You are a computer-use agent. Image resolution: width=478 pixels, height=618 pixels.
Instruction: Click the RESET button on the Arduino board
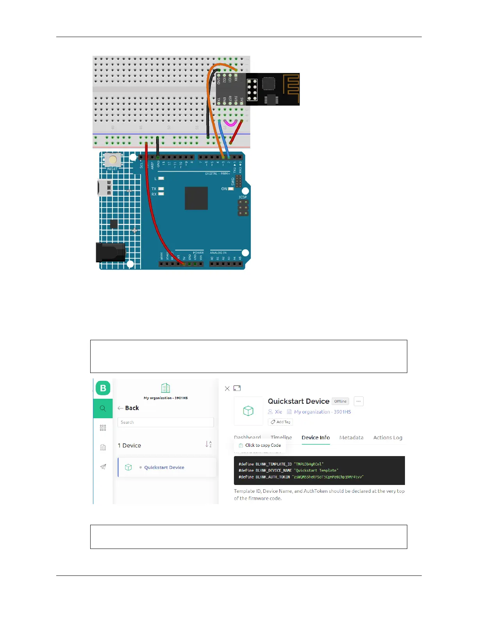(x=113, y=160)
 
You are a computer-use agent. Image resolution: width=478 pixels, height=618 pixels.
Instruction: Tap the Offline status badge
(x=340, y=401)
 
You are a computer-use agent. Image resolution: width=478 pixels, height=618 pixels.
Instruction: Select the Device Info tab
(x=316, y=438)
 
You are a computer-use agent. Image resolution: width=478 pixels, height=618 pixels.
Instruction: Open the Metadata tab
(x=351, y=438)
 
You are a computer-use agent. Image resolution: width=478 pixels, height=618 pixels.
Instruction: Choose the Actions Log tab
(x=387, y=438)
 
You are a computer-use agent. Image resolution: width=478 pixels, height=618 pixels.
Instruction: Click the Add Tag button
(x=280, y=422)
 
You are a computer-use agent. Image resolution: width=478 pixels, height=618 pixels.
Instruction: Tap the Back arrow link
(x=128, y=408)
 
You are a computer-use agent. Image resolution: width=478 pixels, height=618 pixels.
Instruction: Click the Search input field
(x=166, y=423)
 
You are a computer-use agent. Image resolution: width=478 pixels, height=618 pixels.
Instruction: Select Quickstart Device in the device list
(x=164, y=467)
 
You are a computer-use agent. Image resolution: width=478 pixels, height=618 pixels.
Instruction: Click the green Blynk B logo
(x=103, y=388)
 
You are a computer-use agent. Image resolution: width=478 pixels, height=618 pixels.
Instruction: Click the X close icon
(x=227, y=389)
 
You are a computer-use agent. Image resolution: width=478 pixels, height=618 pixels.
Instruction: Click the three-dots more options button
(x=358, y=401)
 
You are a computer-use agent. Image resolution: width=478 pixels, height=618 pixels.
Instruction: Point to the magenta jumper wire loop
(x=230, y=124)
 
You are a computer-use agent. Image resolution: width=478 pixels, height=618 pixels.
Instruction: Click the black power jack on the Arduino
(x=111, y=252)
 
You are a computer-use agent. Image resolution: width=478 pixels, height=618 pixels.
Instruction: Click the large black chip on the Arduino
(x=196, y=198)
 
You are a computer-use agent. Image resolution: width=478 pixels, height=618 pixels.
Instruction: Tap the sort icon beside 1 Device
(x=209, y=444)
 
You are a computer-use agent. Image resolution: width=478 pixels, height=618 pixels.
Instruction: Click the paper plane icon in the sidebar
(x=103, y=467)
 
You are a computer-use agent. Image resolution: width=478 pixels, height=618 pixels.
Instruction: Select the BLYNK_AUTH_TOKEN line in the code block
(x=301, y=477)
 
